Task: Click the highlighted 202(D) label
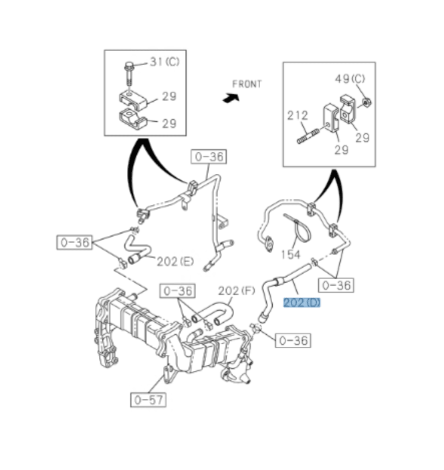pos(302,303)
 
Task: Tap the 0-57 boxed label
pos(148,400)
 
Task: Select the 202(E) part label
pos(175,262)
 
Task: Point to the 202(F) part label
pos(236,291)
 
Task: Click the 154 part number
pos(290,255)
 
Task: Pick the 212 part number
pos(298,115)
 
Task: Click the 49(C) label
pos(350,79)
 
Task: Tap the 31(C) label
pos(164,62)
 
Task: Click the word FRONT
pos(247,84)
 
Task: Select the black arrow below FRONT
pos(231,98)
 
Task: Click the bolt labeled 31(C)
pos(129,74)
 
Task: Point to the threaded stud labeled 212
pos(308,136)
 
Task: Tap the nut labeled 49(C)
pos(366,102)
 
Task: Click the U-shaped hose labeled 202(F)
pos(213,315)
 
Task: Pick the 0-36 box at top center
pos(209,157)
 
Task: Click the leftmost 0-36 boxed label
pos(74,242)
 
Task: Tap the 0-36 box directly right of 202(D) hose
pos(336,285)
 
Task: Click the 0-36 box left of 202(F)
pos(178,291)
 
